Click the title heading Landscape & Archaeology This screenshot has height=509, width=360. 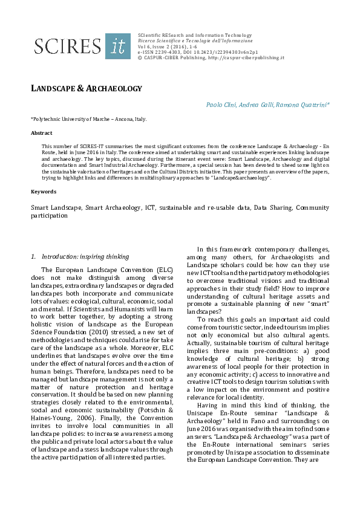pos(86,89)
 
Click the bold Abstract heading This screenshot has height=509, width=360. pos(41,133)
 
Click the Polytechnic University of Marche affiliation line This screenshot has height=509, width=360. pos(88,119)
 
